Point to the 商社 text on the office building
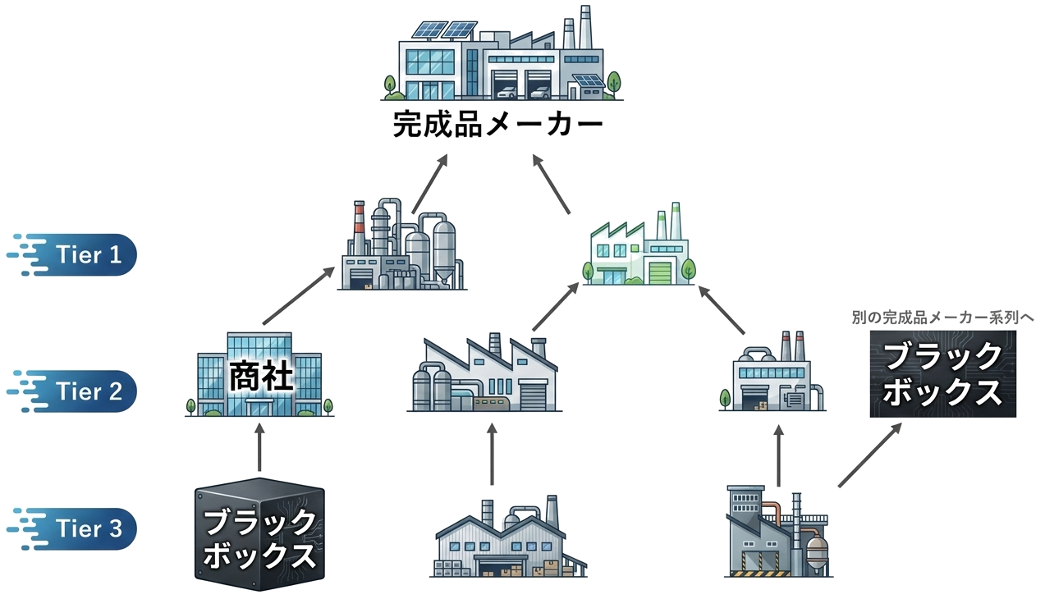click(260, 378)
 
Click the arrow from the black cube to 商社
click(259, 446)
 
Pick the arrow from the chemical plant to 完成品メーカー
click(429, 182)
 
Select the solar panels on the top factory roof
click(446, 30)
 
